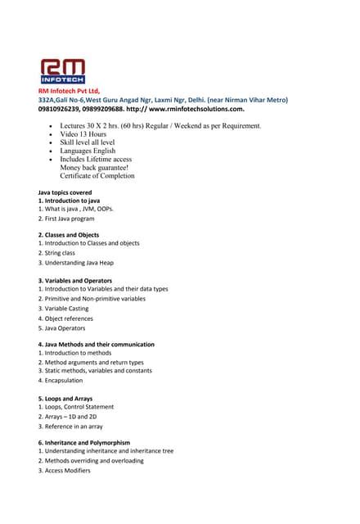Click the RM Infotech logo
[x=62, y=70]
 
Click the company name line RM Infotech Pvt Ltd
[x=69, y=90]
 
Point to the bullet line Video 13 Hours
[x=83, y=134]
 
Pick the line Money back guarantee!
[x=94, y=167]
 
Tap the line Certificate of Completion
[x=97, y=175]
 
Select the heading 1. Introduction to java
[x=69, y=201]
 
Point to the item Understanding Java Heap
[x=78, y=262]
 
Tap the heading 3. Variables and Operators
[x=75, y=281]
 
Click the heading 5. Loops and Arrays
[x=65, y=399]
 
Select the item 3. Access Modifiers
[x=64, y=470]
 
